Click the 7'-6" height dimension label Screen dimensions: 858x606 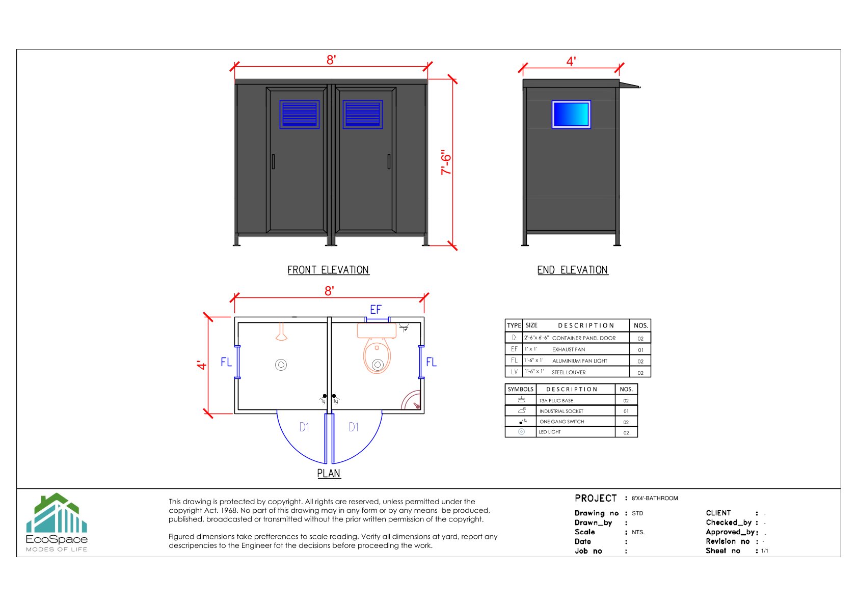click(x=446, y=162)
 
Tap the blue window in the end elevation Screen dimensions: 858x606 click(x=571, y=115)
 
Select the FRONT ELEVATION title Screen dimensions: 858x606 click(x=328, y=270)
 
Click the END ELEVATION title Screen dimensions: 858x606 click(x=573, y=270)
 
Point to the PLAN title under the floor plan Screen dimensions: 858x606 click(x=329, y=474)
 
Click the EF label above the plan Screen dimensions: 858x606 click(x=376, y=310)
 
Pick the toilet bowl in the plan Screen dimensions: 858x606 click(x=377, y=356)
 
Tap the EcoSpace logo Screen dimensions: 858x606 click(x=57, y=522)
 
